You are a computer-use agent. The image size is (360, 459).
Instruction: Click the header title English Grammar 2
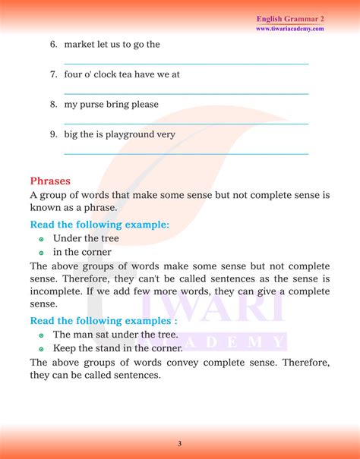[290, 18]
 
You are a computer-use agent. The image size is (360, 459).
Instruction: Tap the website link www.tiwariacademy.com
[290, 29]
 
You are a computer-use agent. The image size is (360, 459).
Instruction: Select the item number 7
[54, 74]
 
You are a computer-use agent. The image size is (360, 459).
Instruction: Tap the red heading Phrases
[50, 181]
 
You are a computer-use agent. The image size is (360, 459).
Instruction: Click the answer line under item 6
[186, 64]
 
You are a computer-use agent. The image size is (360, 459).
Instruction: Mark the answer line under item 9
[186, 154]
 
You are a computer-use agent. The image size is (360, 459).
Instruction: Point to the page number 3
[180, 443]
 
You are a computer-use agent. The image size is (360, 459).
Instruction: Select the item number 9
[54, 134]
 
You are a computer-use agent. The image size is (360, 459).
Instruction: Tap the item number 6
[54, 44]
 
